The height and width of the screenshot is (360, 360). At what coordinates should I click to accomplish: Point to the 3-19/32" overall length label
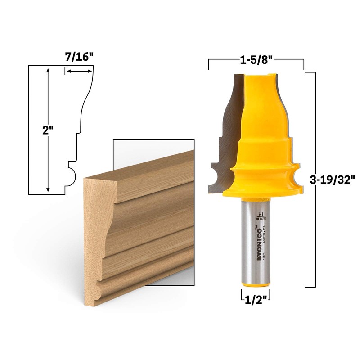click(333, 179)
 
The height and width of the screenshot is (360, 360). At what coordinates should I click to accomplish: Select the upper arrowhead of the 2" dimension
click(48, 70)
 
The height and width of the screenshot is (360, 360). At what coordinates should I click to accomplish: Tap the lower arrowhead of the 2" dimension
click(48, 190)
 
